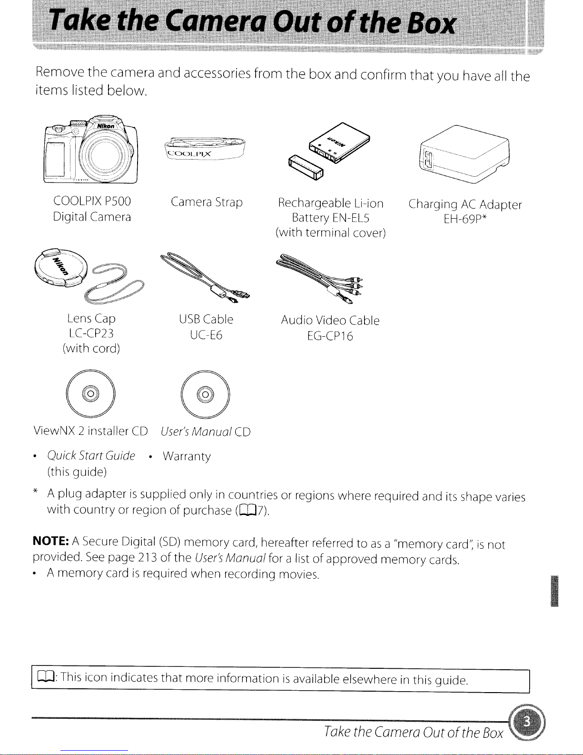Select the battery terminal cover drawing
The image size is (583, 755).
click(306, 168)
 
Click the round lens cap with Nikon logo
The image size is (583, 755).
click(61, 268)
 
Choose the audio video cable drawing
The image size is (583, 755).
click(320, 279)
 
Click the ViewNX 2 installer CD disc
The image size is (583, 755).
click(90, 393)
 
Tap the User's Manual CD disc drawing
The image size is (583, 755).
click(205, 394)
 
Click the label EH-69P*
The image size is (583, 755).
click(465, 219)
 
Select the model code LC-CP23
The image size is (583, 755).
click(91, 333)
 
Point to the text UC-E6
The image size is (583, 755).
click(206, 335)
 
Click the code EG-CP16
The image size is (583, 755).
click(330, 336)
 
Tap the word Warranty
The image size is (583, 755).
click(187, 456)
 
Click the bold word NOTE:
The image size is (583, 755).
click(50, 541)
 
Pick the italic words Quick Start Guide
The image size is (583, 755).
click(91, 455)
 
